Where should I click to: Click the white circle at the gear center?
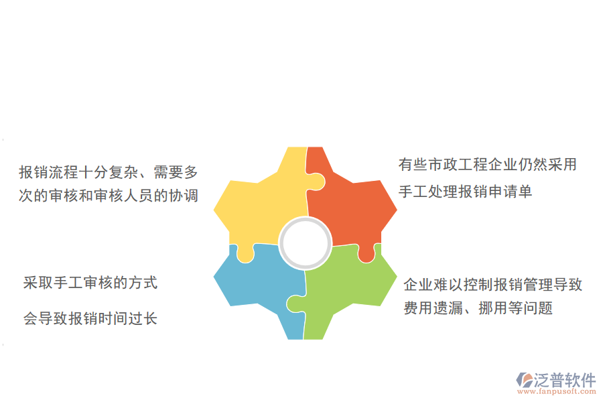(306, 242)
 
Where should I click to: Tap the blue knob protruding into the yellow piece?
(245, 253)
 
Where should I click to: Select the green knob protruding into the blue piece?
(294, 304)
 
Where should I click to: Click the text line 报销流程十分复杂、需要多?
(109, 172)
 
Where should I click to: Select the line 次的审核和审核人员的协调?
(109, 196)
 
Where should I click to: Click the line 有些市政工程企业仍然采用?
(487, 165)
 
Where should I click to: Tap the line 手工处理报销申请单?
(465, 192)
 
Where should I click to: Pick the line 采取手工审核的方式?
(90, 283)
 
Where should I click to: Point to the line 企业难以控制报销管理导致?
(492, 285)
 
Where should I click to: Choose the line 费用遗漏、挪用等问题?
(478, 309)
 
